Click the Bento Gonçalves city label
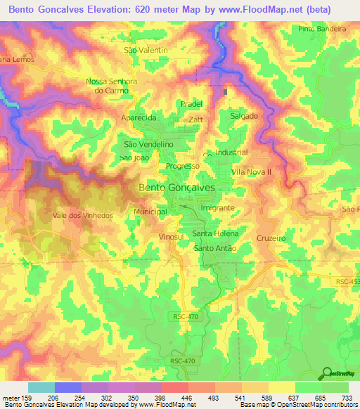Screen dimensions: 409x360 176,188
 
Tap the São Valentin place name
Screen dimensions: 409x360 146,51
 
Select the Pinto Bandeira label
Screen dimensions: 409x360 322,29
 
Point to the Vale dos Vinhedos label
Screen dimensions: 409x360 82,216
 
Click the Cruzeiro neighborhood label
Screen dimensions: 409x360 271,238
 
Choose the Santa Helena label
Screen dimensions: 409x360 216,233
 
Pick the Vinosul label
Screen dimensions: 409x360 171,238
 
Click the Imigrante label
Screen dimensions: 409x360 217,209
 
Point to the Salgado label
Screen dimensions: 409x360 244,116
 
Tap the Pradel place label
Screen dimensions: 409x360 191,103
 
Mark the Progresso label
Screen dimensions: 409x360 183,167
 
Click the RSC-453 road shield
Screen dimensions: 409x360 346,282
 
